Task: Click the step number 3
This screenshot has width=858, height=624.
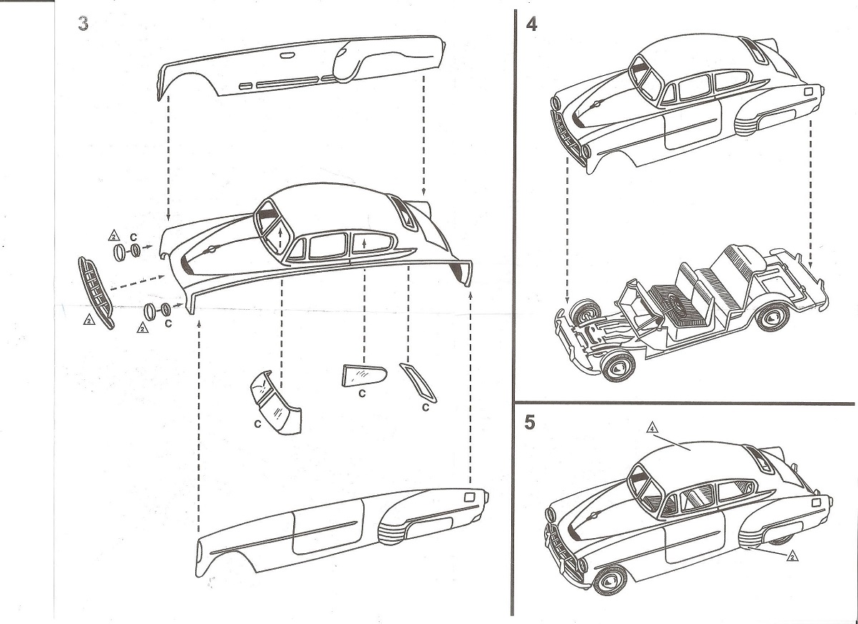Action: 84,24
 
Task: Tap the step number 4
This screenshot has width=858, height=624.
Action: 531,24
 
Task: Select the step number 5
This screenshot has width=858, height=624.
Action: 530,422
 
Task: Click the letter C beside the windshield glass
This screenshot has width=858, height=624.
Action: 256,424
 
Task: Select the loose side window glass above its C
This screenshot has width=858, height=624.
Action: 363,374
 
